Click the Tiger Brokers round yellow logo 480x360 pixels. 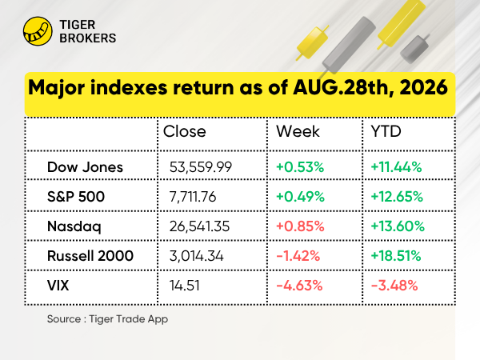pyautogui.click(x=38, y=31)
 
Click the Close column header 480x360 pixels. pyautogui.click(x=184, y=132)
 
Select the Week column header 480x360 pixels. pyautogui.click(x=298, y=132)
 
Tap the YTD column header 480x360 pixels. pyautogui.click(x=386, y=132)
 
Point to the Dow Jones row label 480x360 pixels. pyautogui.click(x=85, y=167)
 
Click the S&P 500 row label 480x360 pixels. pyautogui.click(x=76, y=197)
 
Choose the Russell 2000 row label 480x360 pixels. pyautogui.click(x=90, y=256)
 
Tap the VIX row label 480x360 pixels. pyautogui.click(x=58, y=286)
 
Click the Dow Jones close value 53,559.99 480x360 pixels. pyautogui.click(x=201, y=167)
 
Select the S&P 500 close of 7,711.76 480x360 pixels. pyautogui.click(x=193, y=197)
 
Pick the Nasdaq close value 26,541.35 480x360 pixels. pyautogui.click(x=199, y=226)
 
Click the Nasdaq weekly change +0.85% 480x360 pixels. pyautogui.click(x=300, y=226)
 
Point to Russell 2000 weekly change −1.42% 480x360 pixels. pyautogui.click(x=298, y=256)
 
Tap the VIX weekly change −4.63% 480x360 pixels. pyautogui.click(x=299, y=286)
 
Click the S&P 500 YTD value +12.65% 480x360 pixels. pyautogui.click(x=397, y=197)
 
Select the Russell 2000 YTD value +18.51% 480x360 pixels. pyautogui.click(x=396, y=256)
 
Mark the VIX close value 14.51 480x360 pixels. pyautogui.click(x=184, y=286)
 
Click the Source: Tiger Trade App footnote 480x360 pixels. pyautogui.click(x=107, y=319)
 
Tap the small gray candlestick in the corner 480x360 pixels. pyautogui.click(x=414, y=49)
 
